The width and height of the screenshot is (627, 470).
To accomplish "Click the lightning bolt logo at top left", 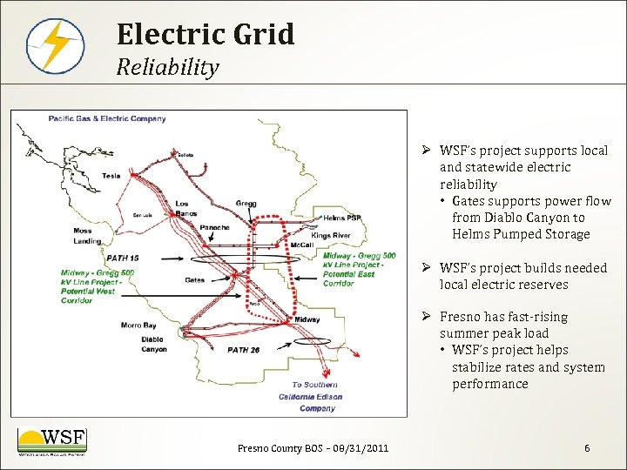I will (55, 45).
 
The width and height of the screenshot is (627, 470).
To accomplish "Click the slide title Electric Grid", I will (206, 35).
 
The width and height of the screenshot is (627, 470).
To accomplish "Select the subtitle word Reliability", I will (167, 67).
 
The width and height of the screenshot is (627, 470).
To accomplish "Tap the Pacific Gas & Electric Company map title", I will (107, 118).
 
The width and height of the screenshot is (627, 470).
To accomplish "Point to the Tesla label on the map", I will (111, 176).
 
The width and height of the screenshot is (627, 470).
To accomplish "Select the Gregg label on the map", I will (246, 204).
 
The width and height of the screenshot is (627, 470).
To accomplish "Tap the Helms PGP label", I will (341, 218).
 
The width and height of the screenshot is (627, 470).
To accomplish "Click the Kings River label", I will (330, 236).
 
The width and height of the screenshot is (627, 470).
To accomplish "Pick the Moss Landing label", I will (89, 236).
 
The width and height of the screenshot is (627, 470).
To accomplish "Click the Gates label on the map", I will (195, 280).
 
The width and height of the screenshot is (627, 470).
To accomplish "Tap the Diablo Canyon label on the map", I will (153, 345).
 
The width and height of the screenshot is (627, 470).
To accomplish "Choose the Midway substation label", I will (307, 319).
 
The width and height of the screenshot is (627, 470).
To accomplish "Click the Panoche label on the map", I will (214, 228).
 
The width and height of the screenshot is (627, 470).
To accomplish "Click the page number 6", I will (587, 448).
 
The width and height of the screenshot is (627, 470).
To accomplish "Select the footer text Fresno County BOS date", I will (313, 448).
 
